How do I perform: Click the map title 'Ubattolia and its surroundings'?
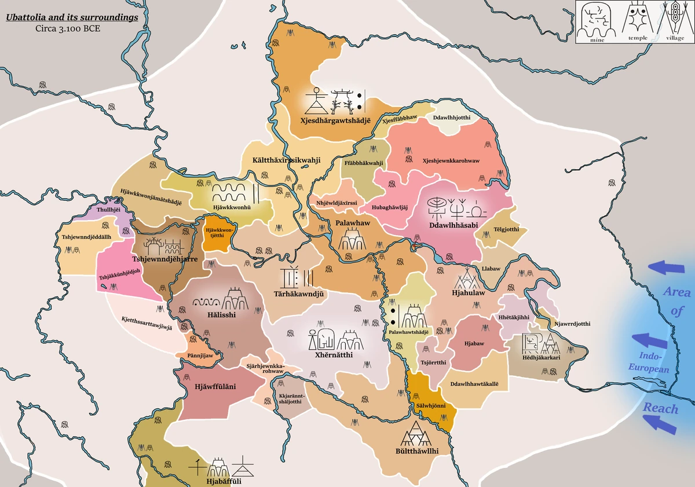pos(72,17)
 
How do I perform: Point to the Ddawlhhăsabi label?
pos(453,225)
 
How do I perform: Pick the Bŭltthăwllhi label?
pos(416,451)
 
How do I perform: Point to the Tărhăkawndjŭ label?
pos(297,294)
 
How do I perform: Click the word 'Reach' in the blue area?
pos(660,408)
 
